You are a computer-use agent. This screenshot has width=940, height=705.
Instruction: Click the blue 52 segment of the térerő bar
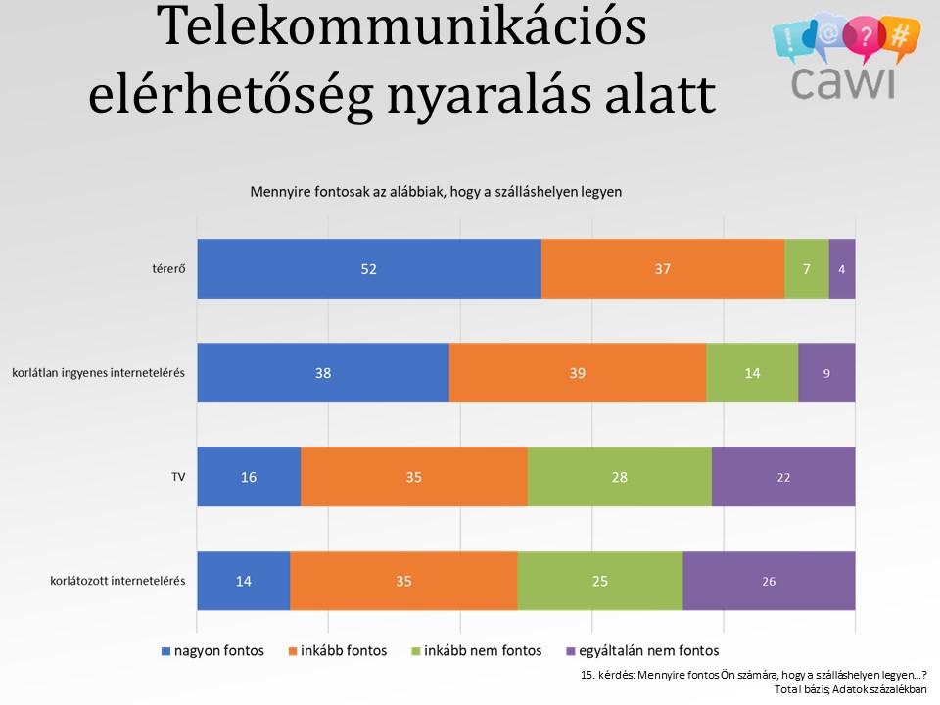pos(369,268)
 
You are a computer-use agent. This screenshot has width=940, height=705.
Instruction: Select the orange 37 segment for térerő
pos(663,268)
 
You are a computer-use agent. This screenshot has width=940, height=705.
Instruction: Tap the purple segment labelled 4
pos(842,268)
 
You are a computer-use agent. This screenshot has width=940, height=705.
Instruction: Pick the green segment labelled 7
pos(807,268)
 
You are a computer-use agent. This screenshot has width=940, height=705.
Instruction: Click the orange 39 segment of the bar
pos(578,372)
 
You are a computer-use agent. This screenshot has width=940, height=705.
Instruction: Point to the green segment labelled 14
pos(752,372)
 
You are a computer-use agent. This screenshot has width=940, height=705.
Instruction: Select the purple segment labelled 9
pos(826,372)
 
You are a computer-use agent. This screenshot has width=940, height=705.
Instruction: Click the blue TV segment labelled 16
pos(249,477)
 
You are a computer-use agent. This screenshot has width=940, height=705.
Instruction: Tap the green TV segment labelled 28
pos(620,477)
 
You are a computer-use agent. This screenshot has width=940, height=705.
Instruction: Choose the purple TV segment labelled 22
pos(783,477)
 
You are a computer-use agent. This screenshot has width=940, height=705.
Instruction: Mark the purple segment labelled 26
pos(770,581)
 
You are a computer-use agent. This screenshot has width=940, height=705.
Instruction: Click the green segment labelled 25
pos(600,581)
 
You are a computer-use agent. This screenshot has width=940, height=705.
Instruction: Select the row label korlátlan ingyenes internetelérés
pos(98,373)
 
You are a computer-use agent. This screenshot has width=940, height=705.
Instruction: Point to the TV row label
pos(178,477)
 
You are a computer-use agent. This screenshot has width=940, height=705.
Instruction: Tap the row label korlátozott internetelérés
pos(117,581)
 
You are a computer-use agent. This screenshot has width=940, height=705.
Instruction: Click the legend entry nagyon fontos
pos(212,650)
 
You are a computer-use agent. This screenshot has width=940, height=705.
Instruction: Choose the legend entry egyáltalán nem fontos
pos(642,650)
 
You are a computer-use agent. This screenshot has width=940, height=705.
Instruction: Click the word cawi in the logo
pos(842,81)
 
